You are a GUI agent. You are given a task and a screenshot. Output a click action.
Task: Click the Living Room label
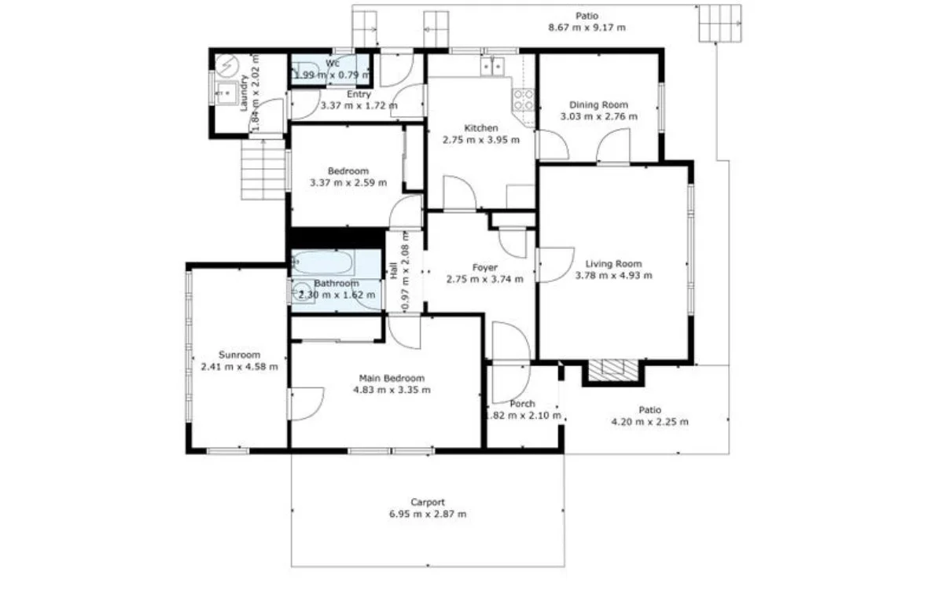(x=613, y=264)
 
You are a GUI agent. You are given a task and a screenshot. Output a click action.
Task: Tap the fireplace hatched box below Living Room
(x=613, y=370)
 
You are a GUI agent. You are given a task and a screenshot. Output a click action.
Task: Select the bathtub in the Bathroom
(x=324, y=262)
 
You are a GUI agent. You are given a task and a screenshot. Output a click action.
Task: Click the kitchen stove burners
(x=524, y=99)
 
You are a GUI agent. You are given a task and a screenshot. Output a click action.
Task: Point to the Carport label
(x=428, y=502)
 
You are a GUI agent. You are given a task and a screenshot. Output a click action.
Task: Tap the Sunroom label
(x=239, y=355)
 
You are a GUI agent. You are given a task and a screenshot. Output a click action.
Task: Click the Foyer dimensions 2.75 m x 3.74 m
(x=484, y=279)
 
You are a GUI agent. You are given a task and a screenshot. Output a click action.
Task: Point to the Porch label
(x=522, y=404)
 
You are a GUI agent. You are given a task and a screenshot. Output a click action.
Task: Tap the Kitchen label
(x=480, y=128)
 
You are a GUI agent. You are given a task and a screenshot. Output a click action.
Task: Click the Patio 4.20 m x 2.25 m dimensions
(x=649, y=422)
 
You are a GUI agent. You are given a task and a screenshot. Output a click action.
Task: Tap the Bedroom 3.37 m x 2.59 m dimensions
(x=348, y=182)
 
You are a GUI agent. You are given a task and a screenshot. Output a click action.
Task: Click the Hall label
(x=394, y=269)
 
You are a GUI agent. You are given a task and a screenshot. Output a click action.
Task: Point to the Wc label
(x=333, y=63)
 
